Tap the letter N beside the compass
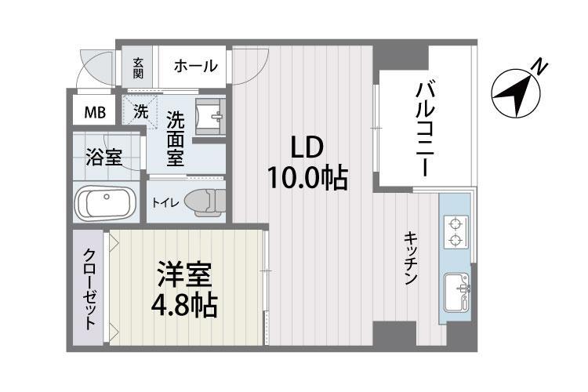[x=539, y=67]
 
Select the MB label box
[x=94, y=111]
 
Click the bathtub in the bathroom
[x=106, y=205]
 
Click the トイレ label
[x=165, y=202]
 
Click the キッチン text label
[x=411, y=258]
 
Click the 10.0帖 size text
[x=307, y=178]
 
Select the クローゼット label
[x=90, y=289]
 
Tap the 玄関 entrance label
[x=138, y=67]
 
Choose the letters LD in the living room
[x=307, y=147]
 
